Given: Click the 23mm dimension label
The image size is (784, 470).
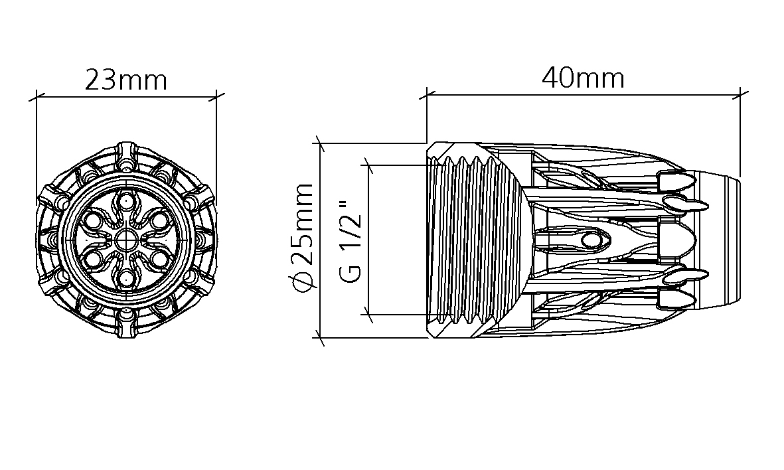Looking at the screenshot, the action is [x=126, y=80].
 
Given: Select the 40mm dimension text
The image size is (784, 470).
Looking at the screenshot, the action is [x=584, y=78].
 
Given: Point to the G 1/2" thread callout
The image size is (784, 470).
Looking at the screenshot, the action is [x=350, y=242].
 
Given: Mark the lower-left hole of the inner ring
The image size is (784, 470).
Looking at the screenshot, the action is [x=92, y=260].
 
